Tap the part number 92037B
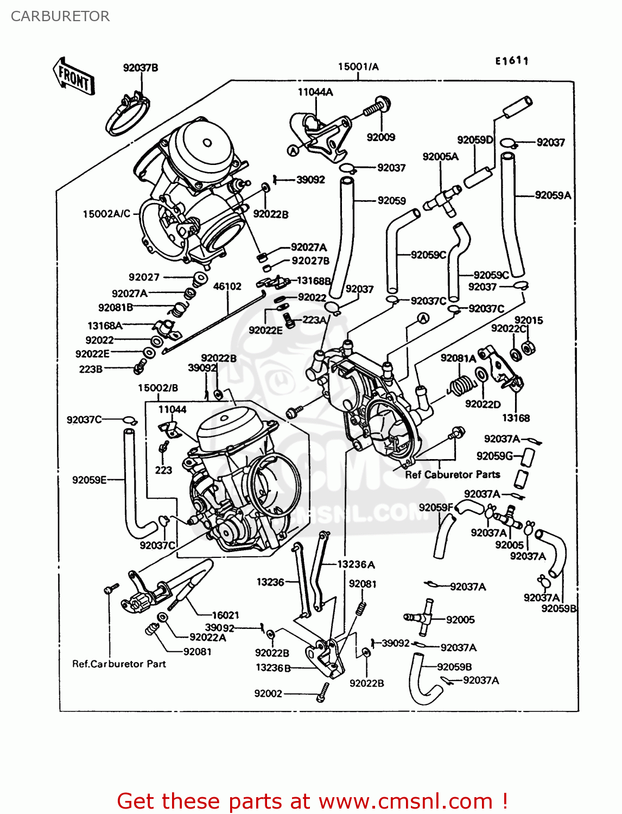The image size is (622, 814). click(141, 68)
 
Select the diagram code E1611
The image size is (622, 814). click(511, 61)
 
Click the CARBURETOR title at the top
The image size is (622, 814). click(60, 16)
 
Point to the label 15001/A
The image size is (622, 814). click(358, 67)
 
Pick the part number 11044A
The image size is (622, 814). click(315, 92)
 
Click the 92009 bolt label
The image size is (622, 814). click(381, 137)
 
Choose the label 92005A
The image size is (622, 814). click(440, 157)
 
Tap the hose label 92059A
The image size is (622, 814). click(553, 195)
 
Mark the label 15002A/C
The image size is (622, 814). click(106, 214)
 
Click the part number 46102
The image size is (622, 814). click(227, 286)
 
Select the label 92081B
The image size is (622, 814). click(116, 308)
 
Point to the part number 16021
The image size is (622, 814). click(225, 615)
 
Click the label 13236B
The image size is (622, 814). click(273, 667)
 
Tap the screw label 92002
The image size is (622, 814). click(268, 693)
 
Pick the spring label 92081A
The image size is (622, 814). click(458, 358)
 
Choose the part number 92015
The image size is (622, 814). click(529, 320)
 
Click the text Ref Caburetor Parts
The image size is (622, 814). click(453, 474)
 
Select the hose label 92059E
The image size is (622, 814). click(90, 480)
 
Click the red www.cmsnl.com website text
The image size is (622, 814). click(405, 801)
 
